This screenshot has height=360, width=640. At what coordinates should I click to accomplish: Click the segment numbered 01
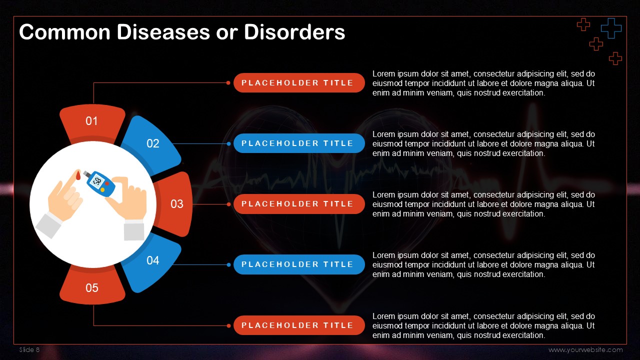click(x=92, y=123)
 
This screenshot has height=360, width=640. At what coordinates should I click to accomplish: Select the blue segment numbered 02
click(x=151, y=144)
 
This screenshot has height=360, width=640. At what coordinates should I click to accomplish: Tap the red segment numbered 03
click(x=175, y=204)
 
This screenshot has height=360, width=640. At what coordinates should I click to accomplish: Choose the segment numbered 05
click(x=92, y=285)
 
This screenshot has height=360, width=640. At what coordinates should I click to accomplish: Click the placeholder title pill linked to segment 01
click(x=299, y=83)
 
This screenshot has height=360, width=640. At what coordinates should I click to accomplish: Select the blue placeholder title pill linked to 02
click(x=299, y=143)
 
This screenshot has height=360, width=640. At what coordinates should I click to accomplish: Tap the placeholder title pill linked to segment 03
click(x=299, y=204)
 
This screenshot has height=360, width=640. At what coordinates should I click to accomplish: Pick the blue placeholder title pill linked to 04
click(x=299, y=264)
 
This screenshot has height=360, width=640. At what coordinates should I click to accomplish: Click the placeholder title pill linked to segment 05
click(x=299, y=325)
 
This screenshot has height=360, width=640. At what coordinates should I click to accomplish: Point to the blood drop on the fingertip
click(x=78, y=175)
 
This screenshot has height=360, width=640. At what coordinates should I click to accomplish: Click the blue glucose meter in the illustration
click(x=100, y=183)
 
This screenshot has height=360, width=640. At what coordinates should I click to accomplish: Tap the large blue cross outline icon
click(x=611, y=28)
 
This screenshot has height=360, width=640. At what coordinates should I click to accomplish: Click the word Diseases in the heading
click(x=163, y=32)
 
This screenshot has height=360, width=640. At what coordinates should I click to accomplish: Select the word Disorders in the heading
click(x=294, y=32)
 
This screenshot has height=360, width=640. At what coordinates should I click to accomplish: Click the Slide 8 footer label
click(x=29, y=349)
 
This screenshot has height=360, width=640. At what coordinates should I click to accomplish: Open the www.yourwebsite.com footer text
click(x=585, y=350)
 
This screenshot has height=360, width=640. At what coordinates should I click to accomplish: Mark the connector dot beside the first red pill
click(x=228, y=83)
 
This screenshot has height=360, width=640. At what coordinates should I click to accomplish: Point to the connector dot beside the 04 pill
click(x=228, y=265)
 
